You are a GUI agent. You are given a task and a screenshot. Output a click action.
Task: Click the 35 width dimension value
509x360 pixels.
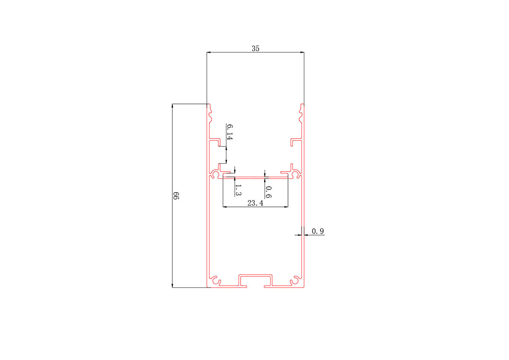click(x=256, y=48)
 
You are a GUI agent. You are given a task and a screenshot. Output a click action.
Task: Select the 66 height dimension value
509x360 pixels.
click(x=176, y=196)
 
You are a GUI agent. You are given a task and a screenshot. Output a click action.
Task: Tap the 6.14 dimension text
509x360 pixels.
click(x=230, y=132)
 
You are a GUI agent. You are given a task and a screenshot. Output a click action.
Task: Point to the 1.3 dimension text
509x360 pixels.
click(x=238, y=190)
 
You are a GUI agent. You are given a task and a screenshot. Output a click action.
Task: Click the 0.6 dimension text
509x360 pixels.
click(x=268, y=192)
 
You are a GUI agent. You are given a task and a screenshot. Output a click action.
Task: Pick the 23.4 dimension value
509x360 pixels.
click(x=255, y=203)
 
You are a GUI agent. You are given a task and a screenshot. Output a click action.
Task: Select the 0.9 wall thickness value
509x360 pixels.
click(x=318, y=231)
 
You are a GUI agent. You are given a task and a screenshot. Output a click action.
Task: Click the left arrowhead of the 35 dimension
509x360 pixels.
click(x=209, y=52)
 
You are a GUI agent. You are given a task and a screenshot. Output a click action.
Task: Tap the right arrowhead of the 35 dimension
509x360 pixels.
click(x=302, y=52)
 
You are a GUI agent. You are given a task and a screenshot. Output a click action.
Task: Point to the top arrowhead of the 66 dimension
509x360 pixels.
click(x=172, y=106)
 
